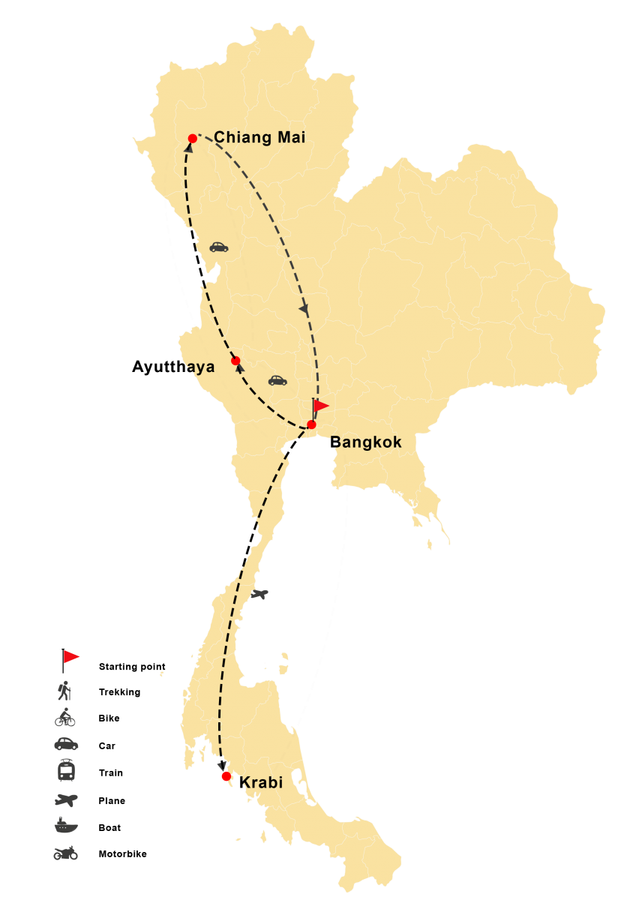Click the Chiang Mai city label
[x=259, y=137]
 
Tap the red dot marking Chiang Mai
[x=193, y=139]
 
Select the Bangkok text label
[x=367, y=442]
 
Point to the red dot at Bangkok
[x=311, y=424]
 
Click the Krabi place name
[x=261, y=783]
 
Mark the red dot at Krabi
[x=226, y=776]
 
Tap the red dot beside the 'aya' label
[x=235, y=361]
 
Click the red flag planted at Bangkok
[x=320, y=406]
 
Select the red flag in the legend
[x=70, y=658]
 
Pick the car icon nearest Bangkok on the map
[x=277, y=381]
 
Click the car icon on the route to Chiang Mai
[x=218, y=247]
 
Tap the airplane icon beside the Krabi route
[x=259, y=595]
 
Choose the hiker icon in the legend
[x=65, y=690]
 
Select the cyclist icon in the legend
[x=65, y=718]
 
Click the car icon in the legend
[x=65, y=744]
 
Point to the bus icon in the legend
[x=65, y=770]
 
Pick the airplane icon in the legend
[x=65, y=799]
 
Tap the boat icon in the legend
[x=65, y=826]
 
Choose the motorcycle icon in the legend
[x=65, y=853]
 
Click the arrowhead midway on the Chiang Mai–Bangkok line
[x=304, y=309]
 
